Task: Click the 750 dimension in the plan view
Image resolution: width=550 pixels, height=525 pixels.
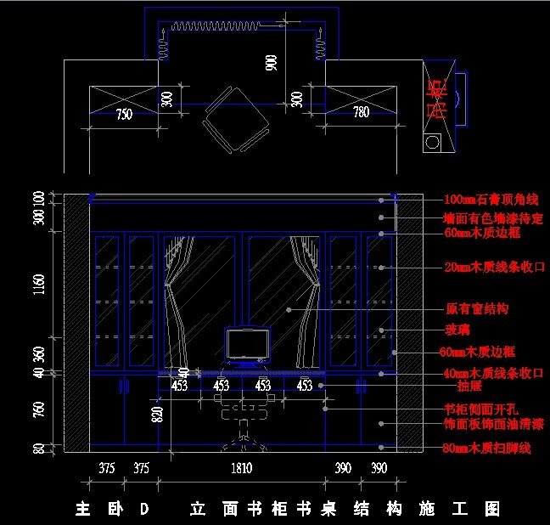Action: tap(124, 115)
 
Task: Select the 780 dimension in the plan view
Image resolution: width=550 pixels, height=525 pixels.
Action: tap(361, 112)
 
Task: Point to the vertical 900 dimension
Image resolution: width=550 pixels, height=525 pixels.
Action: tap(272, 62)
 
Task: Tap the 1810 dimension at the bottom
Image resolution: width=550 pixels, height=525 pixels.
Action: tap(243, 468)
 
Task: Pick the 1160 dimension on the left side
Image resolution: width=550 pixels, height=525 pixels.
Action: tap(39, 285)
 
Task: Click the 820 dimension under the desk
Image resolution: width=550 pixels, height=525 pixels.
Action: tap(156, 414)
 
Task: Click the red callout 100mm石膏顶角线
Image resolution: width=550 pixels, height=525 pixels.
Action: tap(491, 200)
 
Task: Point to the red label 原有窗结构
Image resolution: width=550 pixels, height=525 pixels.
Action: tap(478, 309)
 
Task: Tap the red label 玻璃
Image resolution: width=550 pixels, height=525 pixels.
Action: tap(457, 330)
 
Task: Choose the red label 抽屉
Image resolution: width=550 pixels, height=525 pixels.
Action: tap(457, 385)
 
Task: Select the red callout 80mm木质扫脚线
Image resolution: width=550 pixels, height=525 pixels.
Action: tap(487, 448)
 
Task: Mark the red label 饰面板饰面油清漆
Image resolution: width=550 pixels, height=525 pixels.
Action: tap(494, 423)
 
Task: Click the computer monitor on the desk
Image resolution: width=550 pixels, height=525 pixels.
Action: tap(247, 345)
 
